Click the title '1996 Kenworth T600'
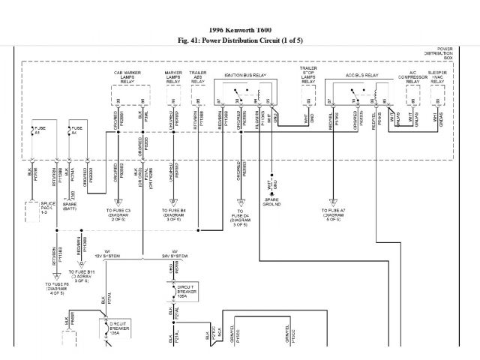pyautogui.click(x=241, y=29)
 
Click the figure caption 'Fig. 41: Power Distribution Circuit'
pyautogui.click(x=241, y=40)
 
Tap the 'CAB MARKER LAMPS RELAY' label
pyautogui.click(x=128, y=77)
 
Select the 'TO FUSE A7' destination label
pyautogui.click(x=331, y=214)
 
